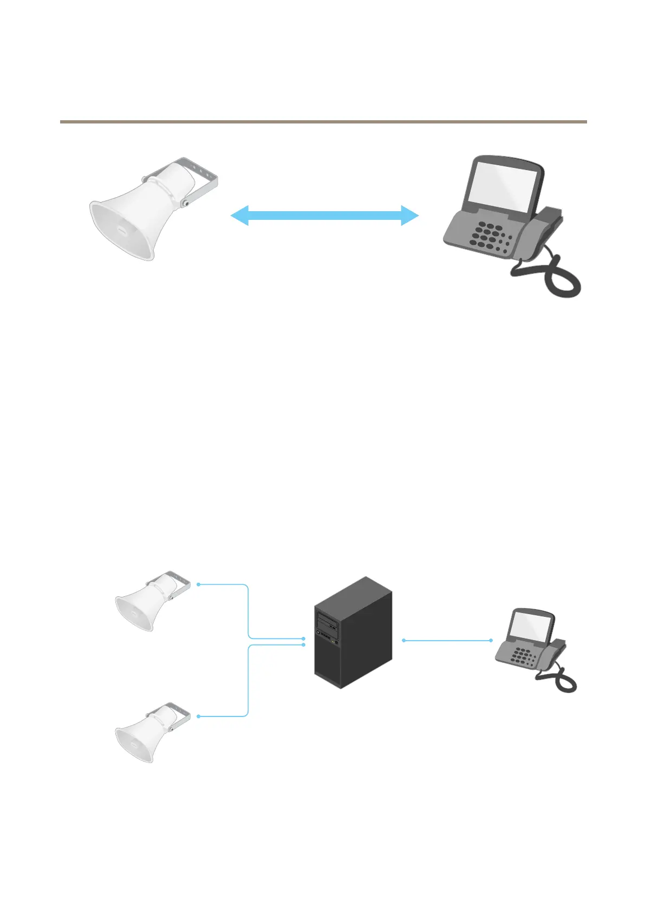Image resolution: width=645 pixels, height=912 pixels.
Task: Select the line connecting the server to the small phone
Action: click(447, 640)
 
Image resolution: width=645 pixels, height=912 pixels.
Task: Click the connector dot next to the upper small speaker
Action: click(199, 584)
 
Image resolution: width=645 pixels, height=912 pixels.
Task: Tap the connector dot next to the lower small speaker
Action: click(199, 716)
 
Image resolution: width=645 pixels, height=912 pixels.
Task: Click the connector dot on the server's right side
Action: click(404, 640)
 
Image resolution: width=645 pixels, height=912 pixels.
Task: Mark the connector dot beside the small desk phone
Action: click(491, 640)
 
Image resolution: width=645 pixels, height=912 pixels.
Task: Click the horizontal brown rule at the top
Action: click(323, 122)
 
